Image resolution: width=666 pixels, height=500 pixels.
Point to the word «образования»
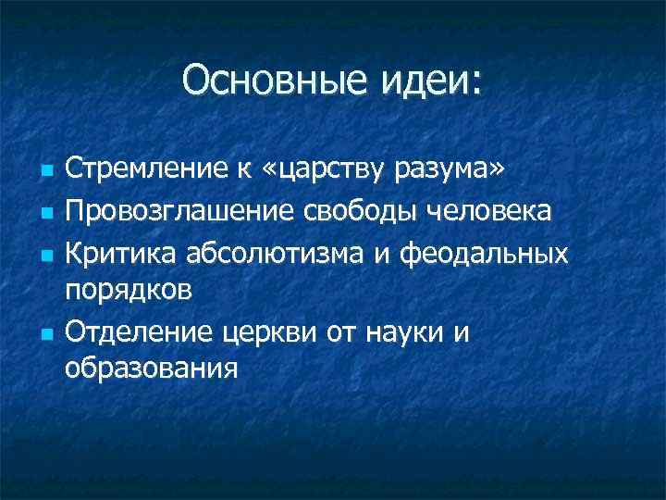pyautogui.click(x=152, y=369)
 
